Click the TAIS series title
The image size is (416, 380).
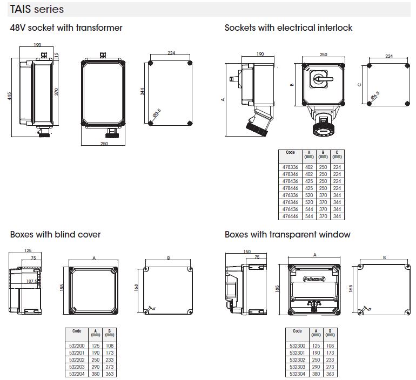[37, 10]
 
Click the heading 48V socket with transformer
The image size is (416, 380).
[66, 28]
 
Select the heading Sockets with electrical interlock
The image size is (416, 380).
[288, 28]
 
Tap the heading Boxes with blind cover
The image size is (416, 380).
[55, 234]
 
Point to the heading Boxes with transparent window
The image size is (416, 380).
[287, 234]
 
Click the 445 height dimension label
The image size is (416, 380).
[9, 96]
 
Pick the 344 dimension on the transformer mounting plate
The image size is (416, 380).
[143, 92]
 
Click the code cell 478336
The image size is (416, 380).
[290, 167]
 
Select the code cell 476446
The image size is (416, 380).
[290, 216]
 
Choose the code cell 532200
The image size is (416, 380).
[78, 345]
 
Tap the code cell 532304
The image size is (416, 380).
[297, 374]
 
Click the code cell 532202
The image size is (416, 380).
[78, 359]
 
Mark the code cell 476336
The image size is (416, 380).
[290, 195]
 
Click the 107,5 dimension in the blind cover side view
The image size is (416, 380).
[32, 281]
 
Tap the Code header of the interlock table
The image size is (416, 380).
[290, 153]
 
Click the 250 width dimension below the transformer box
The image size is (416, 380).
[104, 144]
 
